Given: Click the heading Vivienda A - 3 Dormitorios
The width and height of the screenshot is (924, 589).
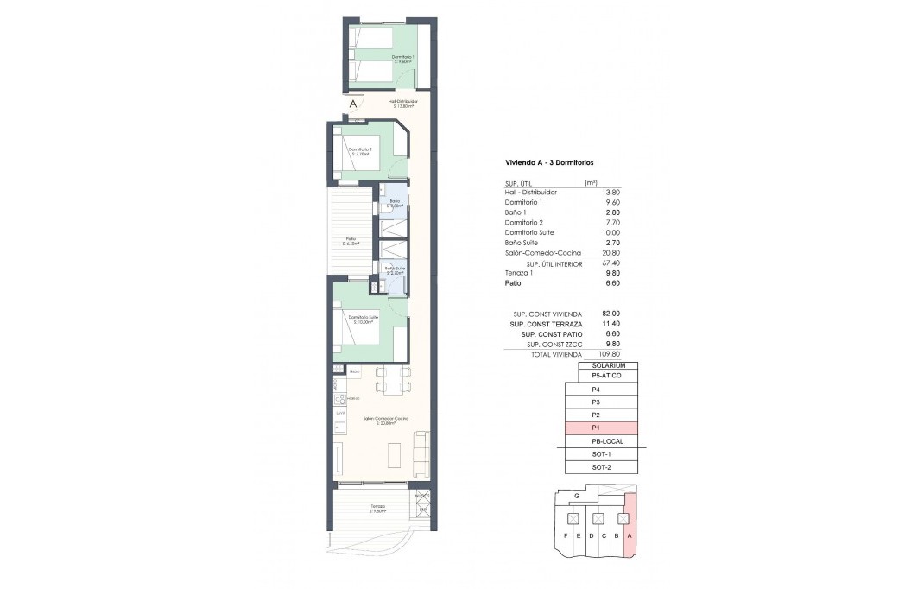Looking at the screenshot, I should coord(548,162).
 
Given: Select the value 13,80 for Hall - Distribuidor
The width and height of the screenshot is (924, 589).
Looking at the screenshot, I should coord(609,192).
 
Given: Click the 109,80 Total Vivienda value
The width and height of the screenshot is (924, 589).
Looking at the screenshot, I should coord(609,354).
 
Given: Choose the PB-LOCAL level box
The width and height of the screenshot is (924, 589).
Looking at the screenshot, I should coord(601,441).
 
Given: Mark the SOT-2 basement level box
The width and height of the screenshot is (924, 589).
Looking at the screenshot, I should coord(601,467).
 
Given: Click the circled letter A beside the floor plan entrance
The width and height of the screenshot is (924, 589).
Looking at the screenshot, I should coord(352,104).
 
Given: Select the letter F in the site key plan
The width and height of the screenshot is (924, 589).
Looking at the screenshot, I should coord(566,536).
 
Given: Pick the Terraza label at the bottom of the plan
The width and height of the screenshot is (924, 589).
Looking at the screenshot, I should coord(377,508).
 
